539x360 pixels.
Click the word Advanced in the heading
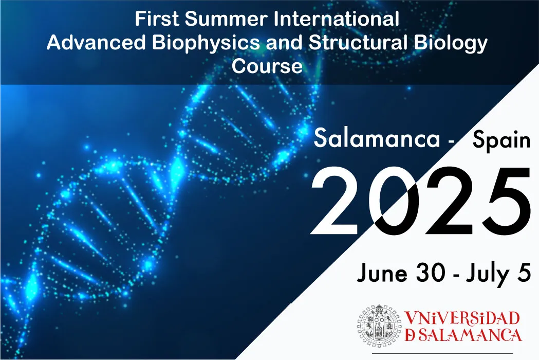[96, 43]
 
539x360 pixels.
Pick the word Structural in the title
[358, 43]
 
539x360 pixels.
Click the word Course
[267, 66]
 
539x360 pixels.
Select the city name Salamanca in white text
[377, 138]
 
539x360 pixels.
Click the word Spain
[501, 141]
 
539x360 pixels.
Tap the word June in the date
[382, 273]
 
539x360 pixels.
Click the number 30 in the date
[432, 273]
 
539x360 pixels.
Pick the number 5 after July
[524, 273]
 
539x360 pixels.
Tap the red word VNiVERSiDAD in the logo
[462, 318]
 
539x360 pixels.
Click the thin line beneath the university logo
[442, 353]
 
